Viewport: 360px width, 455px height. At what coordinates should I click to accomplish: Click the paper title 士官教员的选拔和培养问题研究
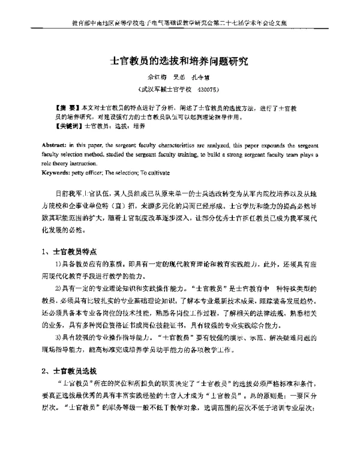click(179, 61)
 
